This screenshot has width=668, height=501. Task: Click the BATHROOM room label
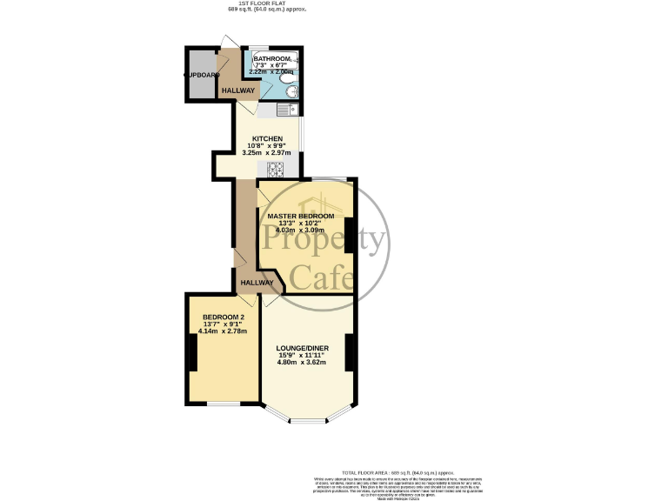coord(271,59)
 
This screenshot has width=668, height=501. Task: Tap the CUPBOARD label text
coord(201,75)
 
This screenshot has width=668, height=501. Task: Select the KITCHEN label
coord(267,139)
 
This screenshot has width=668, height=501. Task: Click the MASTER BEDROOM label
coord(300,216)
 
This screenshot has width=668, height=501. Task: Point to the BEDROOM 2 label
coord(224,317)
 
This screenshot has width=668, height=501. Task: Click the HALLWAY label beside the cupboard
coord(238,90)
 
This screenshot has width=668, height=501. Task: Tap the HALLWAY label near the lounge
coord(257,283)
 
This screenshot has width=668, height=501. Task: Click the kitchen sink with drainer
coord(288,110)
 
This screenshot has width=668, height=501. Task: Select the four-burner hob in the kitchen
coord(277,169)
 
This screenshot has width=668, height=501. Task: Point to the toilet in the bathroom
coord(286,77)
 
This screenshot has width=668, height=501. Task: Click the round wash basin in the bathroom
coord(294,91)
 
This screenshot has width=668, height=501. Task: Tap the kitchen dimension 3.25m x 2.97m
coord(267,154)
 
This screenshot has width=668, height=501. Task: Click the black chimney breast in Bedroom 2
coord(191,353)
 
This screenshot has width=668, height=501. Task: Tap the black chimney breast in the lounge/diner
coord(348,352)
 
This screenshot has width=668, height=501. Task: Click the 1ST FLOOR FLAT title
coord(267,3)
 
